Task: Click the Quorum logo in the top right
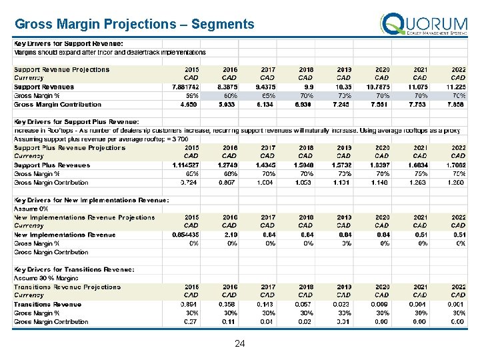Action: [424, 25]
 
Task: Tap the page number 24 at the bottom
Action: [240, 344]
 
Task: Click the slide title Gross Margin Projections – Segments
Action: [135, 25]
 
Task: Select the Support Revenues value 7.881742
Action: [182, 87]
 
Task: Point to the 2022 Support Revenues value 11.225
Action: [455, 87]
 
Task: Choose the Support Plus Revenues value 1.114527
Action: [182, 165]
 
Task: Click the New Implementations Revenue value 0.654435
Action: [182, 235]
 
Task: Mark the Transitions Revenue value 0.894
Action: [189, 304]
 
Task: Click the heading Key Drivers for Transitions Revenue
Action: [75, 269]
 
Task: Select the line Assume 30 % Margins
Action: [45, 278]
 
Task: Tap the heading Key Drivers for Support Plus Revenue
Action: [77, 121]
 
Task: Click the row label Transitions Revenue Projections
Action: [67, 287]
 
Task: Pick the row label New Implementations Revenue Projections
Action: [85, 217]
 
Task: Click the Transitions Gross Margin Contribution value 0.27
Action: [191, 321]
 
